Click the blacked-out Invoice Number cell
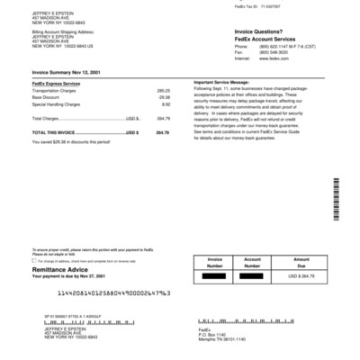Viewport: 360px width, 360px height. click(212, 276)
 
